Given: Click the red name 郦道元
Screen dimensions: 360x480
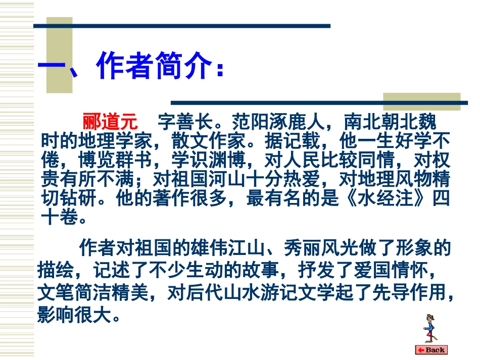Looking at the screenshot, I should coord(110,122).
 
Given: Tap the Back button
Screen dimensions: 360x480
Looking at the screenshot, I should coord(431,349).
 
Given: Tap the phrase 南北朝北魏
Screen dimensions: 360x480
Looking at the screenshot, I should coord(389,122).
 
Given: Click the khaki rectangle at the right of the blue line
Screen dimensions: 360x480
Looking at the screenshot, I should coord(421,101).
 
